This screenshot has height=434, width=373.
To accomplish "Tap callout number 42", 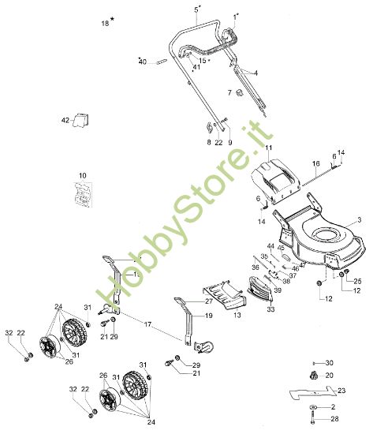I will pos(65,121).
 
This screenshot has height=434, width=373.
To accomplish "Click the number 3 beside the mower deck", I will pos(358,219).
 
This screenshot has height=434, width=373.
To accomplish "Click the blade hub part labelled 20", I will pos(313,376).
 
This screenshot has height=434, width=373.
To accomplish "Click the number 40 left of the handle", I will pos(143,61).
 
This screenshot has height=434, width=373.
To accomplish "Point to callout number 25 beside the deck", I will pos(356,281).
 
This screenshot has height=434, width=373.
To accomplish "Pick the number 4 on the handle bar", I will pos(256,73).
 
